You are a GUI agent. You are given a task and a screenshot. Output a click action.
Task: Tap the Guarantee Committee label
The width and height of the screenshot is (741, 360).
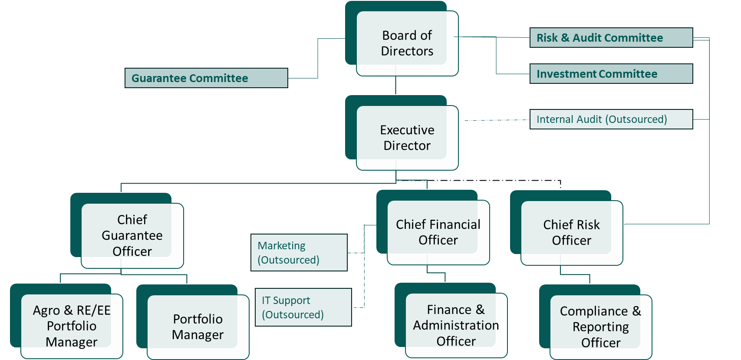click(x=206, y=78)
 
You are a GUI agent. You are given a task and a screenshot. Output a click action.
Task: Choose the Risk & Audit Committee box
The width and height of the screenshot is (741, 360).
click(x=611, y=38)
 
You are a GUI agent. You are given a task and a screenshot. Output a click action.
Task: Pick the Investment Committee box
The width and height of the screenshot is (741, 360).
click(x=611, y=74)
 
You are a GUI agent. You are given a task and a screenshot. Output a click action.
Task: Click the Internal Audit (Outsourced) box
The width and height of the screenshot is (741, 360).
click(x=611, y=119)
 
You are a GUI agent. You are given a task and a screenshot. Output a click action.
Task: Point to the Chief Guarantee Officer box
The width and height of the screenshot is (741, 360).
click(x=127, y=231)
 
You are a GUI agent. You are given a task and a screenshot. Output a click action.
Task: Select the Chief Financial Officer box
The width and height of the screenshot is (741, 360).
click(x=433, y=228)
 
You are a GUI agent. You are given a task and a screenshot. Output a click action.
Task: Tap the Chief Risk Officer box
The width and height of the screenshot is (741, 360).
click(x=566, y=228)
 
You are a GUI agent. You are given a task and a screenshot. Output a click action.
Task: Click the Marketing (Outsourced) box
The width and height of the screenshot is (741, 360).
click(x=299, y=252)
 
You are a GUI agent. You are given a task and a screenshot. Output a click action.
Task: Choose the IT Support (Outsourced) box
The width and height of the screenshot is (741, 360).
click(x=303, y=307)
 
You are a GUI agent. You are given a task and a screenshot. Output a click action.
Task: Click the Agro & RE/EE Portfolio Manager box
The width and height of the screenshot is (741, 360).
click(x=66, y=321)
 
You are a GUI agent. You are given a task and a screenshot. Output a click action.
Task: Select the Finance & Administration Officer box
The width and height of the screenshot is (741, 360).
click(x=451, y=320)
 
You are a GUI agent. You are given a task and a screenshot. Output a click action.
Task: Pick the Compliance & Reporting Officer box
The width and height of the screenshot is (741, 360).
click(x=596, y=322)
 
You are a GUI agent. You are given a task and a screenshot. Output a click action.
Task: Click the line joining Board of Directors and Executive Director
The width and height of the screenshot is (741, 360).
click(x=395, y=86)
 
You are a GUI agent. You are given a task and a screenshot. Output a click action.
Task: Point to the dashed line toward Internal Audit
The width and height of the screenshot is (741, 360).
click(x=497, y=120)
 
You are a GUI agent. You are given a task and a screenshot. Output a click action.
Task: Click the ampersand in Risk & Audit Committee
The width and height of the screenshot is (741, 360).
click(x=565, y=38)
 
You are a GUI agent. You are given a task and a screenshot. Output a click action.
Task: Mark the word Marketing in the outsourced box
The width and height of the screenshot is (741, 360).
click(x=282, y=246)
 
